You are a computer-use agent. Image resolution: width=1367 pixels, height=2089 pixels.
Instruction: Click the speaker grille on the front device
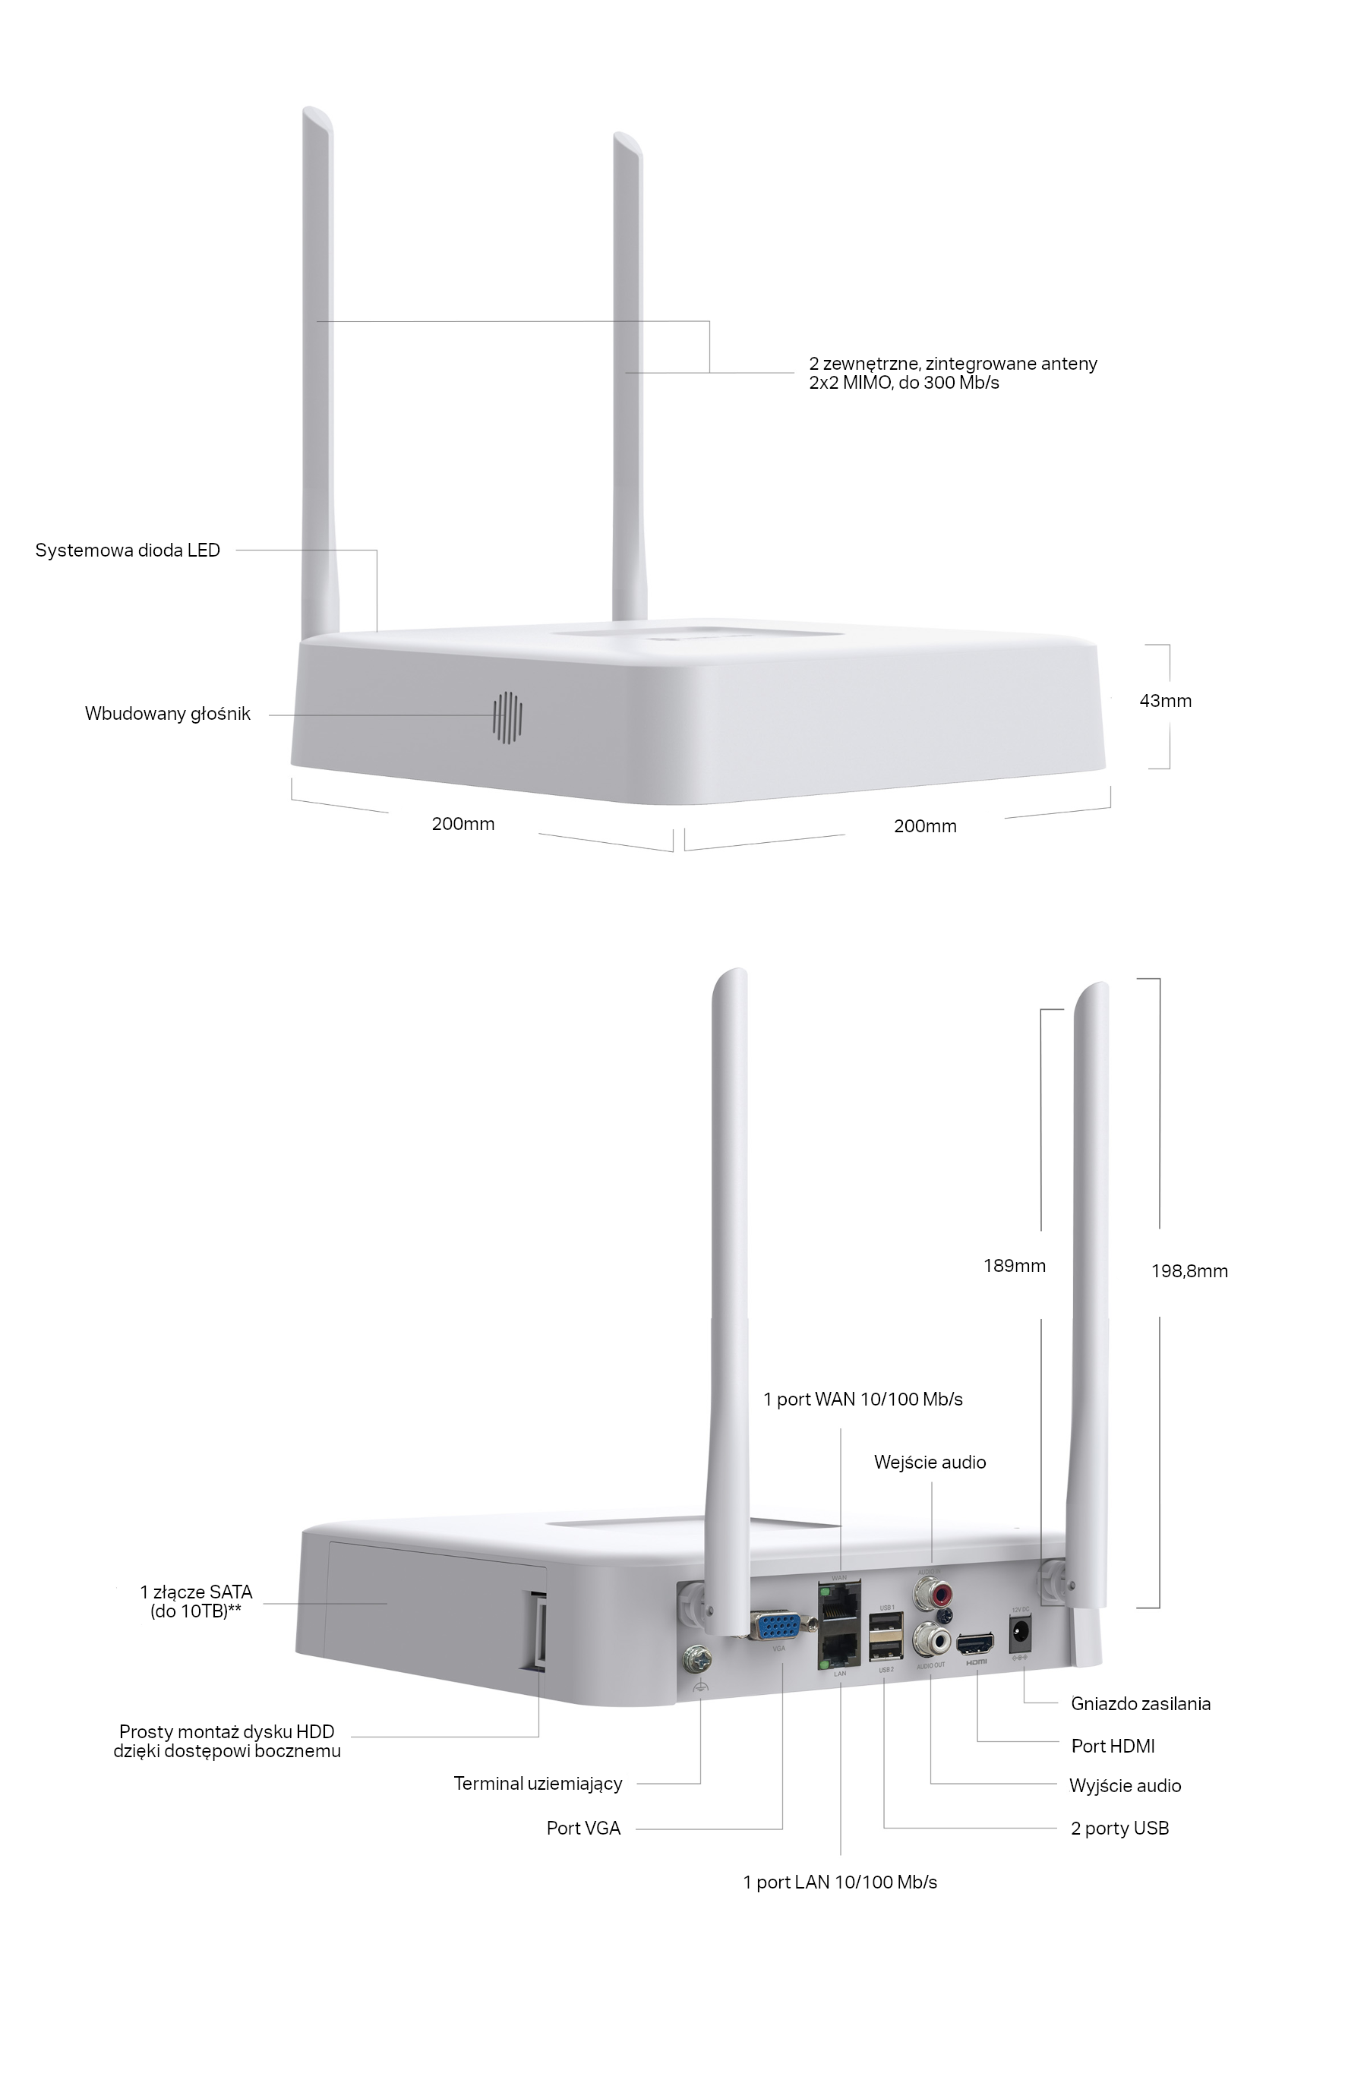coord(507,716)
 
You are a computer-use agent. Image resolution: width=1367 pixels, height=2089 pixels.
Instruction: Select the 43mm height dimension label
coord(1165,700)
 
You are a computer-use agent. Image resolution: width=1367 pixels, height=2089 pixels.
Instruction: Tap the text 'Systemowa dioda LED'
coord(128,551)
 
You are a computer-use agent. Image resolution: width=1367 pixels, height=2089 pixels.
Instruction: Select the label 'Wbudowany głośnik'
coord(168,714)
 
